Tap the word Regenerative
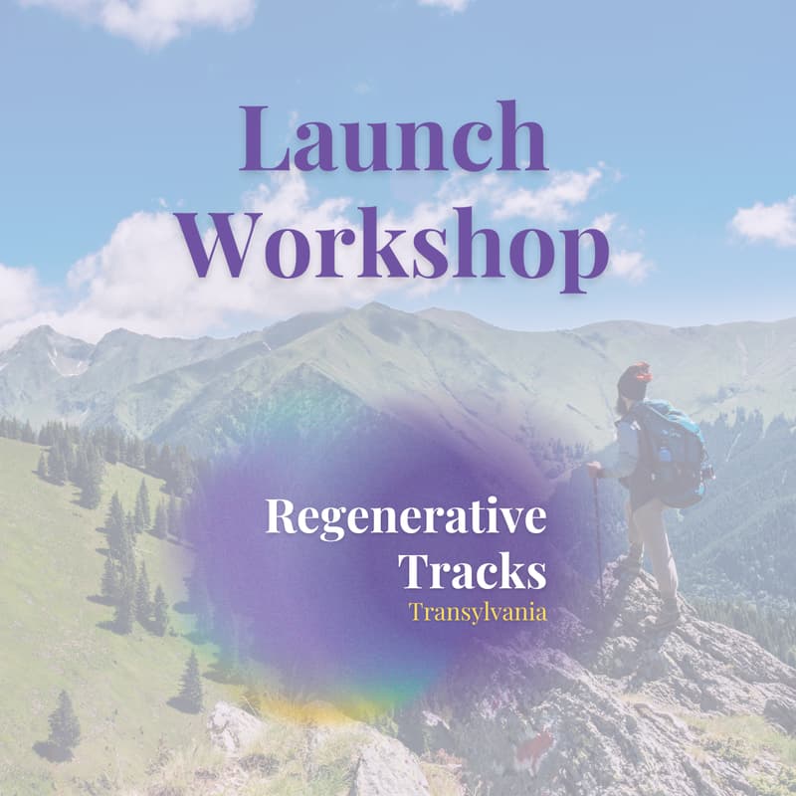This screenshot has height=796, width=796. tap(405, 520)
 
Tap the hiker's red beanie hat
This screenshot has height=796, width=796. tap(634, 377)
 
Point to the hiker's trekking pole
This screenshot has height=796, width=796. tap(598, 537)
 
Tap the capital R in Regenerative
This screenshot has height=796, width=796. tap(281, 518)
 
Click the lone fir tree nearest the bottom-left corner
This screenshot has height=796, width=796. tap(65, 716)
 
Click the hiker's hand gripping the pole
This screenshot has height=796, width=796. tap(595, 469)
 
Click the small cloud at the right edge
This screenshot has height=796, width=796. tap(766, 221)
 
